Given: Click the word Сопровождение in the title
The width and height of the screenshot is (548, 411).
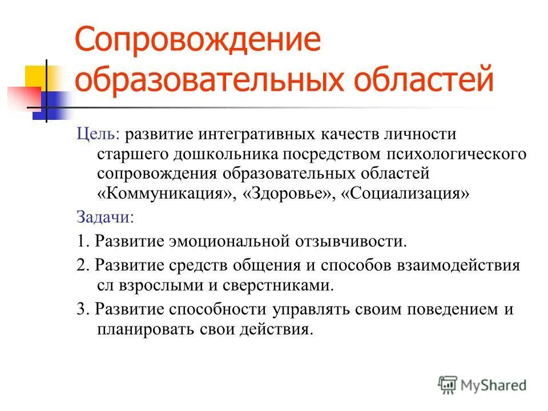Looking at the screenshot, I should pos(198,43).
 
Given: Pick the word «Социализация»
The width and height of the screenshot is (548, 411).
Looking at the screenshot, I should pos(405,192).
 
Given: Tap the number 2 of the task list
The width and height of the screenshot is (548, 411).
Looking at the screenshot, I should pos(80,265).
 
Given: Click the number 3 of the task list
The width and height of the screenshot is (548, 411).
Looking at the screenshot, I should pos(80,309).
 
